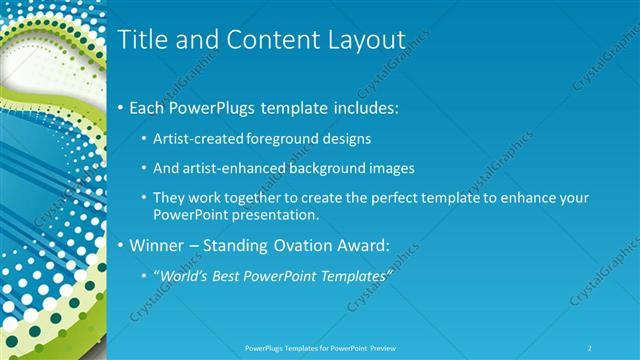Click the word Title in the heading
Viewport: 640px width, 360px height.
click(x=142, y=40)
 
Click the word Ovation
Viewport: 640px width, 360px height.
click(x=313, y=245)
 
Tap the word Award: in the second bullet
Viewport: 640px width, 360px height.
click(x=383, y=245)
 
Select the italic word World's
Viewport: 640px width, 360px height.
click(x=181, y=275)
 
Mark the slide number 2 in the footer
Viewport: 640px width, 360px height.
click(x=590, y=347)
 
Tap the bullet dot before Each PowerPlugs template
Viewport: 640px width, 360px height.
click(x=121, y=105)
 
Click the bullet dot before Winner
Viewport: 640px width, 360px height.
click(x=121, y=245)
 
